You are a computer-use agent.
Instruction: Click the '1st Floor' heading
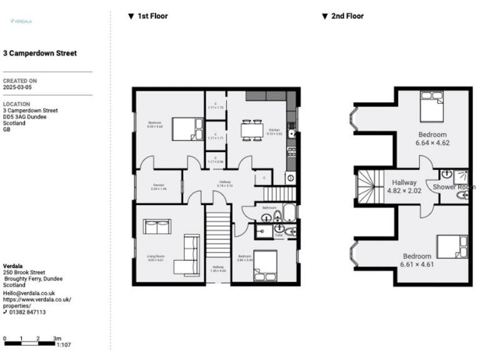click(152, 16)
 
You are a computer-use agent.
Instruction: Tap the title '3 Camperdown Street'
click(40, 54)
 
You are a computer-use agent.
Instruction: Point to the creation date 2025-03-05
click(17, 88)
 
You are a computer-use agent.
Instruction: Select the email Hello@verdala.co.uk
click(29, 292)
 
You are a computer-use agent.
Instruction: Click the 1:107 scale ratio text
click(63, 344)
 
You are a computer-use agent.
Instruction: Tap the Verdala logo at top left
click(21, 21)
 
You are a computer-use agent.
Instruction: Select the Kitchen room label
click(274, 130)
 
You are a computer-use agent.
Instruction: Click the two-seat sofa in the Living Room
click(157, 226)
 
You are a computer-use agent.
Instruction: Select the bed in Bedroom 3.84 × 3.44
click(265, 265)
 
